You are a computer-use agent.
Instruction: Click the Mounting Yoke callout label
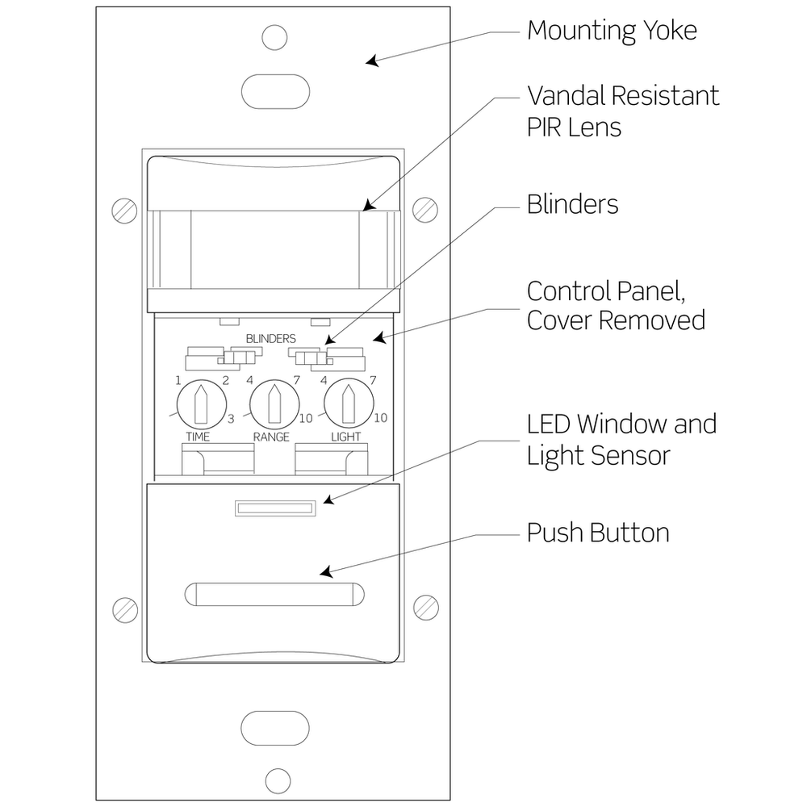point(611,31)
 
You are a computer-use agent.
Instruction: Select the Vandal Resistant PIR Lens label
point(622,111)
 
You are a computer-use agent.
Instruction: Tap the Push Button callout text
point(597,533)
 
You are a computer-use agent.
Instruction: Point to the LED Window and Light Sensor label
point(621,439)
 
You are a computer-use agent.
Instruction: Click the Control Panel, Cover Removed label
point(616,305)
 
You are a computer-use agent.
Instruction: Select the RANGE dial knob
point(274,404)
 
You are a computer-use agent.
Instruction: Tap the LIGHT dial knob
point(349,404)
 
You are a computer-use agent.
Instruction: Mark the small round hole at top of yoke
point(275,36)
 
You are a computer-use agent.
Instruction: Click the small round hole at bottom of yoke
point(278,780)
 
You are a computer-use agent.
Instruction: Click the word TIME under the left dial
point(198,437)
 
